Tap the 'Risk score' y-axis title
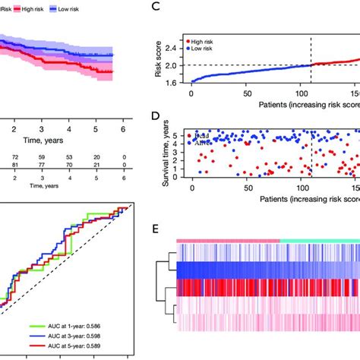[x=158, y=65]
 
